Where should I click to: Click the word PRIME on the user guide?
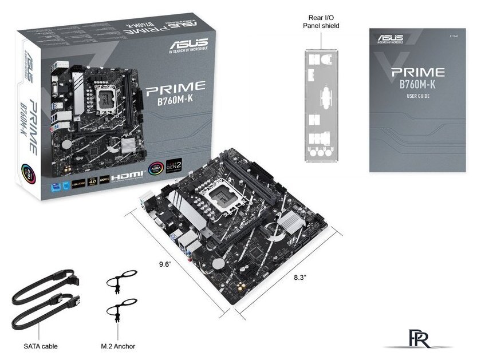coord(417,73)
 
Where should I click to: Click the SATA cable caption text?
coord(41,346)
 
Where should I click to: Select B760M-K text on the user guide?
coord(417,85)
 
